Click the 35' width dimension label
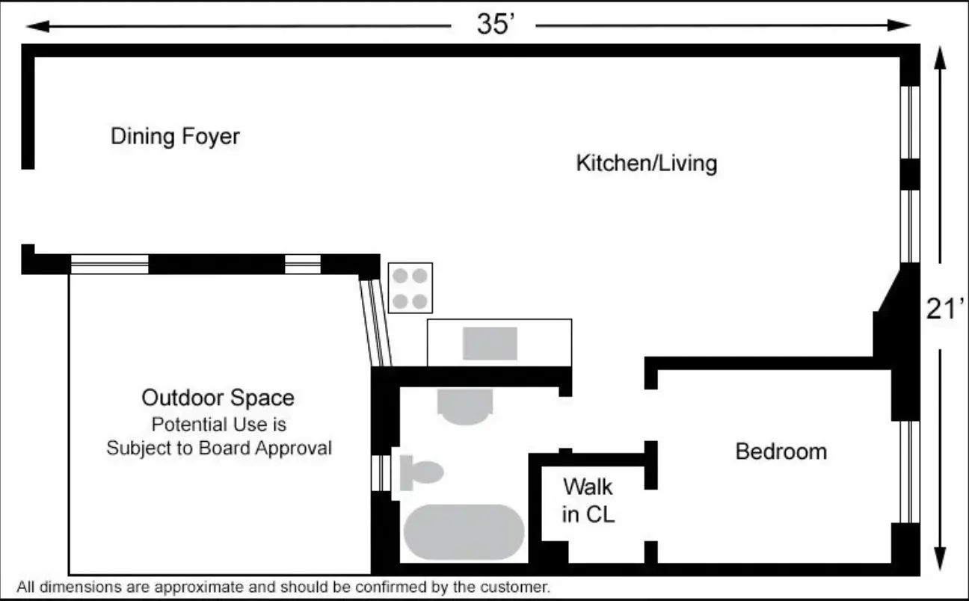[x=496, y=25]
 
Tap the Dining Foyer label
[x=175, y=137]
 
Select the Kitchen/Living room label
[x=646, y=163]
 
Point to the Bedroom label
[x=781, y=451]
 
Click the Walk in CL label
[x=588, y=500]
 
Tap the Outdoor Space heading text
[x=218, y=397]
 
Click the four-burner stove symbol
[x=410, y=288]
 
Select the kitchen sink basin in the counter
[x=490, y=344]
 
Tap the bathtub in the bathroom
[x=464, y=531]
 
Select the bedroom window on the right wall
[x=908, y=471]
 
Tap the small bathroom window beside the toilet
[x=381, y=472]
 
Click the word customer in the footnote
[x=515, y=588]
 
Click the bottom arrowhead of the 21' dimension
[x=941, y=558]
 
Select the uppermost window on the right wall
[x=909, y=121]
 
